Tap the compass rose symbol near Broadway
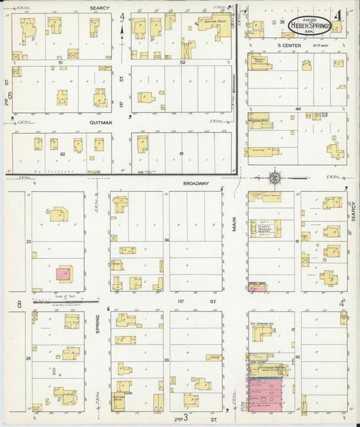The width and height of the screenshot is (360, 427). point(276,178)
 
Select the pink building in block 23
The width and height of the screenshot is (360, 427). point(63,274)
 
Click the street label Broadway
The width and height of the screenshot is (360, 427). point(195,183)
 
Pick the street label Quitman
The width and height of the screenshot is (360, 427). point(101,124)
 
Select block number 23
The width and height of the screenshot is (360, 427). point(29,241)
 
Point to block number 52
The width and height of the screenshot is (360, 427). point(182,62)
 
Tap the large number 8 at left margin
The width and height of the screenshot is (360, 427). point(19,305)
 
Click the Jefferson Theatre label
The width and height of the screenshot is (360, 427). point(271,368)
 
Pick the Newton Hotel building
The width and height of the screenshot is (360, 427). point(211,26)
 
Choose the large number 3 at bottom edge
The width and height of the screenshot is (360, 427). point(184,420)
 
